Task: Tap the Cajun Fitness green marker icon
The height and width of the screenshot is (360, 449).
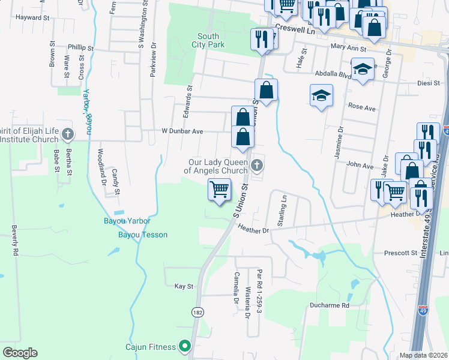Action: point(185,346)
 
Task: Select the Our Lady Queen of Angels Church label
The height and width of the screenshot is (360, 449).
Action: point(218,166)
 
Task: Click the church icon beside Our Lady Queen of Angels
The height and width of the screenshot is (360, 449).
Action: point(258,166)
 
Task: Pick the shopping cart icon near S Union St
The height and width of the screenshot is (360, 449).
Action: point(220,190)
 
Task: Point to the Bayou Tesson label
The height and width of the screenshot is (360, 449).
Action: point(142,235)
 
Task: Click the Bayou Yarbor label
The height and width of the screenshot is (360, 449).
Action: point(127,221)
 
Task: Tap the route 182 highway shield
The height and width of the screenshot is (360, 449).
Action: point(197,312)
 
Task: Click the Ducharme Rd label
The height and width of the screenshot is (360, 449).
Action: point(330,305)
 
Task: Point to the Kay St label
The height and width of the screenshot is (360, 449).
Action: point(184,287)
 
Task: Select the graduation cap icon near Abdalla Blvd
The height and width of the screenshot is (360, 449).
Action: point(363,70)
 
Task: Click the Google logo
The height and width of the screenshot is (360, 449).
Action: point(20,353)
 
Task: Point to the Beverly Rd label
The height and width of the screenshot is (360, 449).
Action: point(14,239)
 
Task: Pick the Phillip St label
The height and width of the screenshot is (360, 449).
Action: point(81,47)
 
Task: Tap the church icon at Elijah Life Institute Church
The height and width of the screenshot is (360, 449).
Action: point(68,134)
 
